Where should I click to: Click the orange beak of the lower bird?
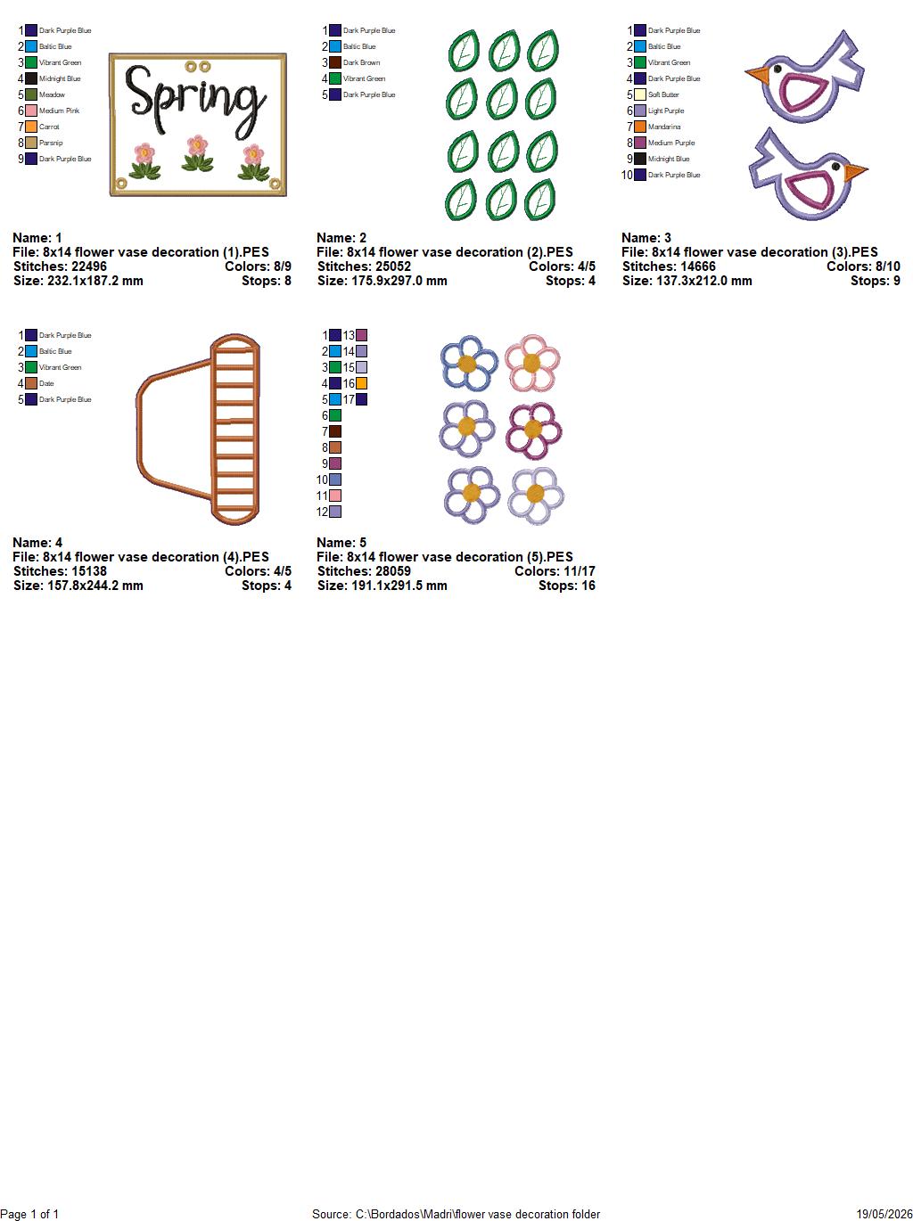[x=855, y=171]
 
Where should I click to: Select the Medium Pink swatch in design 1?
[x=31, y=111]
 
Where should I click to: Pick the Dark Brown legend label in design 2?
[x=362, y=62]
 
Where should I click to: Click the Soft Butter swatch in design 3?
[x=640, y=94]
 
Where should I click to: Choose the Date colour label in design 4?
[x=46, y=383]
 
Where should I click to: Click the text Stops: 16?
[x=567, y=586]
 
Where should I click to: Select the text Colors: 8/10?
[x=863, y=266]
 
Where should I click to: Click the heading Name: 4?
[x=37, y=543]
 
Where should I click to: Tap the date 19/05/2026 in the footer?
[x=884, y=1214]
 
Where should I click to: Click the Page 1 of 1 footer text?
[x=29, y=1214]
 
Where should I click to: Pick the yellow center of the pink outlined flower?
[x=532, y=363]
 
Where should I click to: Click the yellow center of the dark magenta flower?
[x=533, y=429]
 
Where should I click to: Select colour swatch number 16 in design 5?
[x=362, y=383]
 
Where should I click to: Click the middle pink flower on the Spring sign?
[x=198, y=146]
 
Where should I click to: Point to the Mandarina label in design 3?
[x=664, y=127]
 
